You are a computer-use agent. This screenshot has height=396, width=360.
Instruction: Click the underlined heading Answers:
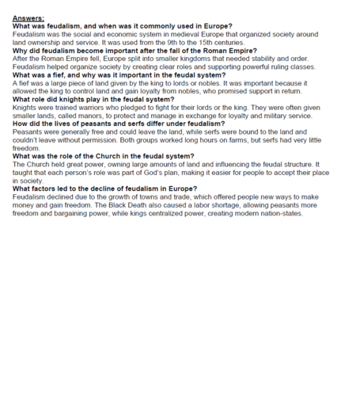pos(28,17)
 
